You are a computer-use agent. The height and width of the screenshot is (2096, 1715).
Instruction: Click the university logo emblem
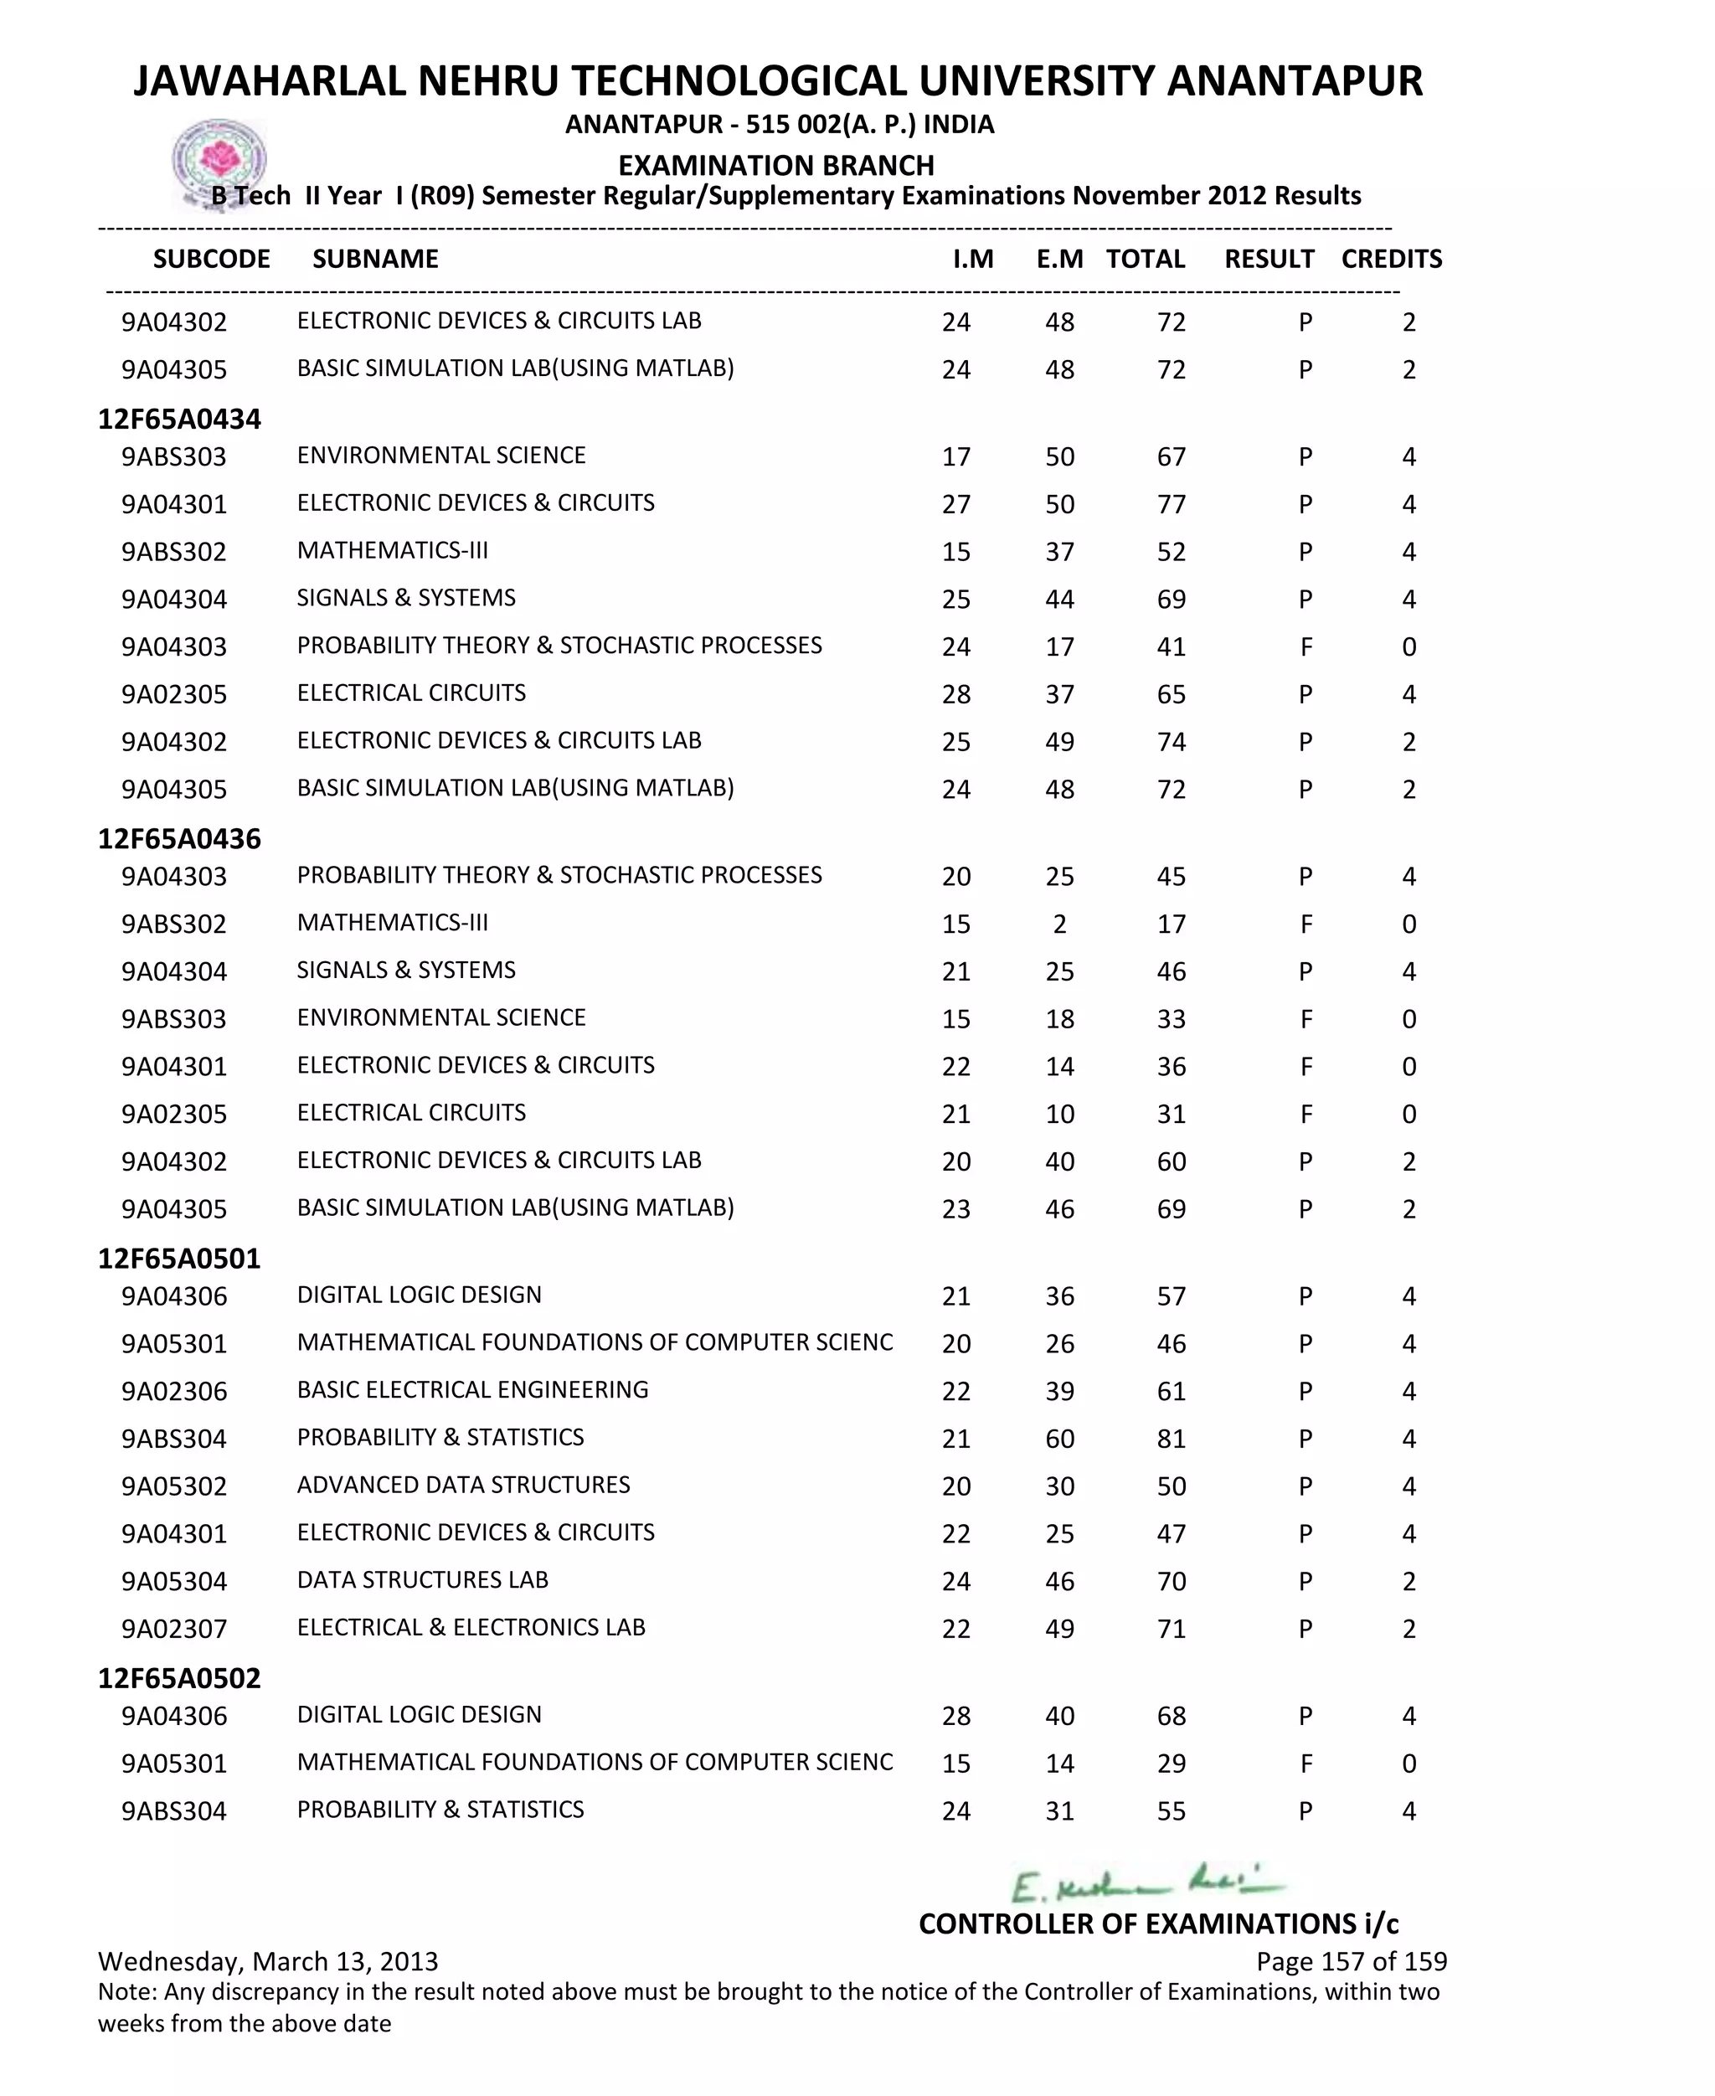coord(219,161)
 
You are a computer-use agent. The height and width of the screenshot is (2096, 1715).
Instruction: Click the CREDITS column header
coord(1391,259)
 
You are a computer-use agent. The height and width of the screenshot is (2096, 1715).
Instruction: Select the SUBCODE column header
coord(211,259)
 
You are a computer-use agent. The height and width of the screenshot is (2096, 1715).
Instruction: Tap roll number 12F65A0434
coord(179,419)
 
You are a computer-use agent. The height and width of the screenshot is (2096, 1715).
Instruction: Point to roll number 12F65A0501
coord(179,1259)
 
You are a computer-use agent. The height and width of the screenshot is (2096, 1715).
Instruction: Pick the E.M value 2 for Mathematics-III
coord(1059,924)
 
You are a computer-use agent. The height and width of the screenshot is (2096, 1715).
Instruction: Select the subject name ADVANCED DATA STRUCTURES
coord(463,1485)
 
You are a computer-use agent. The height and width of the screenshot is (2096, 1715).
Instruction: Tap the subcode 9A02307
coord(174,1629)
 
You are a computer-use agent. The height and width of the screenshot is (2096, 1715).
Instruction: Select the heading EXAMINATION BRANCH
coord(775,165)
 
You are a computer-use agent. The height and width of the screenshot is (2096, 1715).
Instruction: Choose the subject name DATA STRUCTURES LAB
coord(422,1579)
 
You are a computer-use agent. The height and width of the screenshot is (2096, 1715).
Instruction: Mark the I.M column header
coord(972,259)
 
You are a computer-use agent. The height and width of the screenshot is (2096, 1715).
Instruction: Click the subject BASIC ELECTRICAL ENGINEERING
coord(472,1390)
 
